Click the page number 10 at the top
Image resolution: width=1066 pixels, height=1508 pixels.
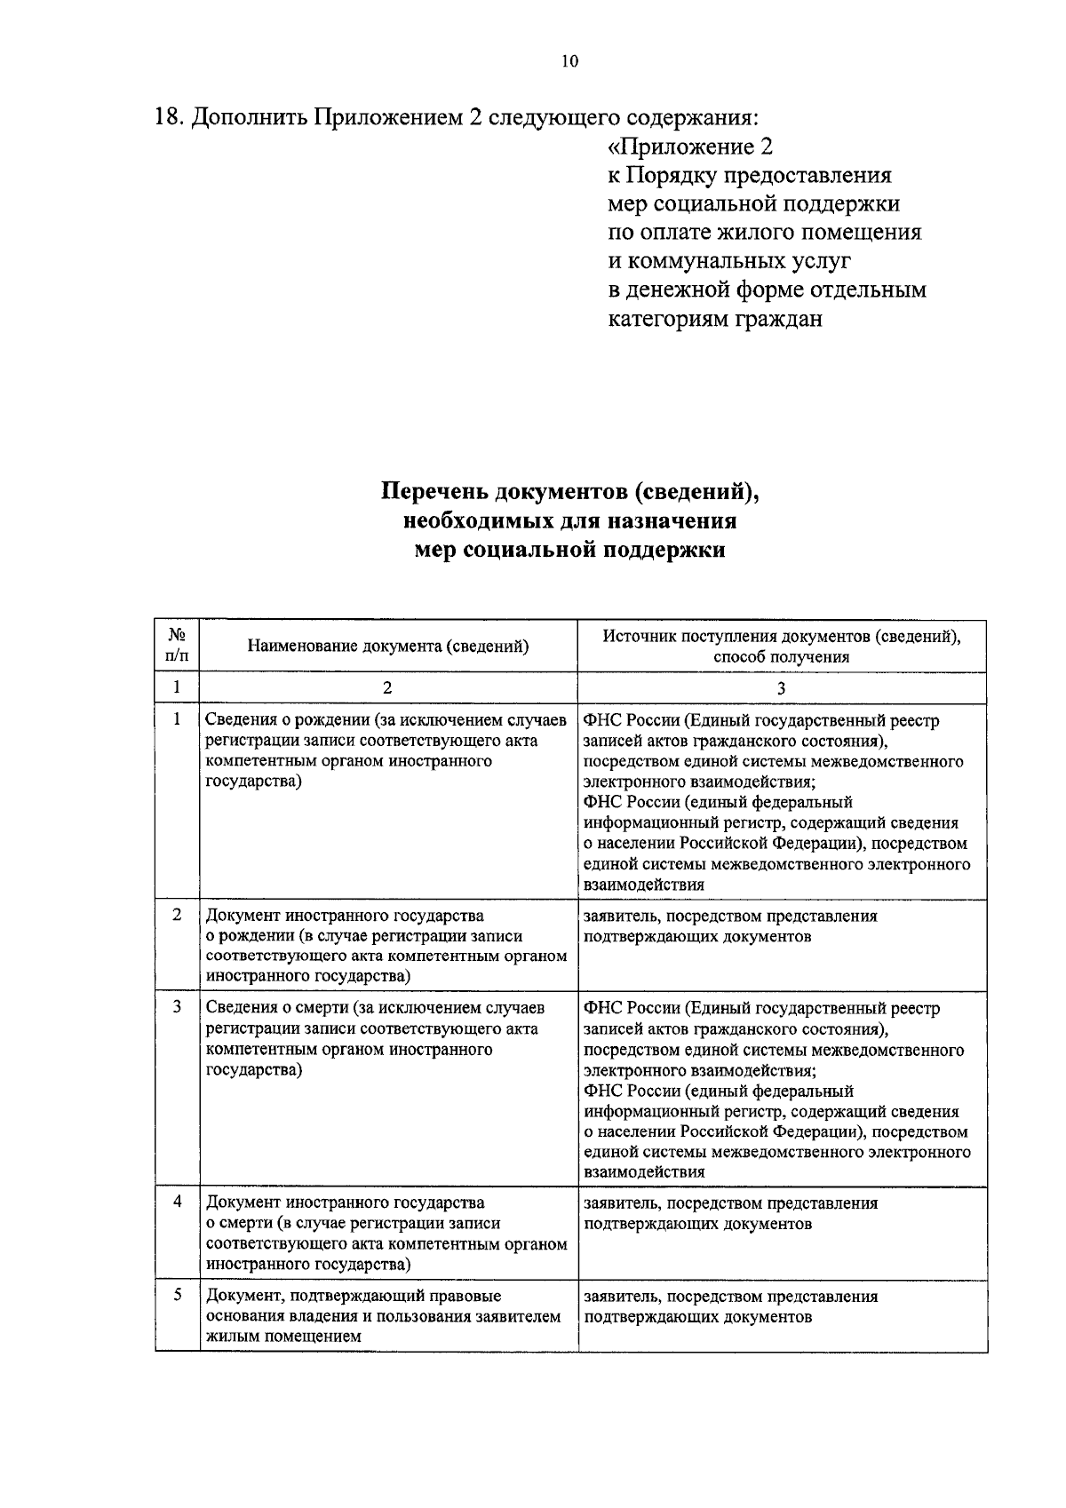coord(569,61)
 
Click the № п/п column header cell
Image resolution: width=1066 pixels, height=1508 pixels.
coord(177,647)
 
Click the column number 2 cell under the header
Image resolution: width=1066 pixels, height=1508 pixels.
coord(387,687)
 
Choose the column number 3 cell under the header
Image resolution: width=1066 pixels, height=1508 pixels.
coord(782,687)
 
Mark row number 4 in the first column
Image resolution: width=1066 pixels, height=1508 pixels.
coord(177,1202)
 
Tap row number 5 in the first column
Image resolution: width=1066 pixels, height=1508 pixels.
coord(177,1295)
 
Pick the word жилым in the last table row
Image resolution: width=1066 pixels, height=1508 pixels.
coord(227,1337)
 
